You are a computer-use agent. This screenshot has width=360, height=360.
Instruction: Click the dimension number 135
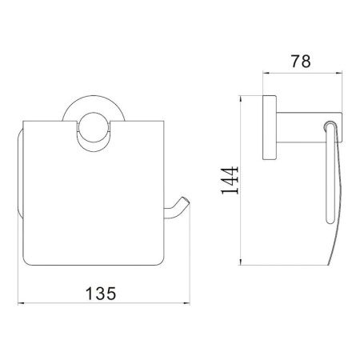tap(101, 293)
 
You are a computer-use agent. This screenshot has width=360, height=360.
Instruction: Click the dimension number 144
tap(230, 180)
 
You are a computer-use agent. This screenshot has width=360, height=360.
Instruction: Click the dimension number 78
tap(301, 62)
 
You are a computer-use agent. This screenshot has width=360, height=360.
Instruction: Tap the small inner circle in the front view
tap(94, 127)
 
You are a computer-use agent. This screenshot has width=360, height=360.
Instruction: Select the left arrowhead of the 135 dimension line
tap(21, 303)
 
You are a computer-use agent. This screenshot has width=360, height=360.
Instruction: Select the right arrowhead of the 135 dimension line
tap(186, 303)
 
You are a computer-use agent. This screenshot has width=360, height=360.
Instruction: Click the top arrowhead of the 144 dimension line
tap(241, 99)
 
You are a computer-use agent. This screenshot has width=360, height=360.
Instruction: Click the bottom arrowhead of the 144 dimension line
tap(241, 262)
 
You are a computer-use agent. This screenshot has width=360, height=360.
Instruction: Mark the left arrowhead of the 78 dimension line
tap(266, 72)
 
